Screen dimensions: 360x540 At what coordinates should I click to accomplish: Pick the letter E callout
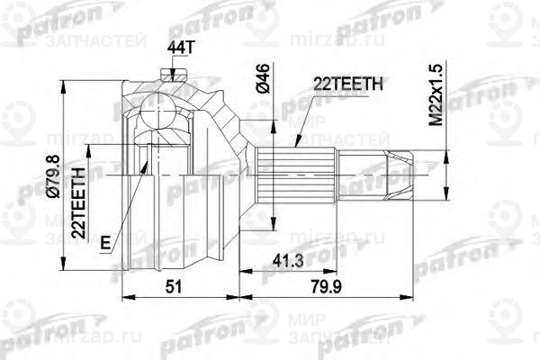pos(106,241)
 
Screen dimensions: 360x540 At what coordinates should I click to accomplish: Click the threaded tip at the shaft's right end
pos(400,172)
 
